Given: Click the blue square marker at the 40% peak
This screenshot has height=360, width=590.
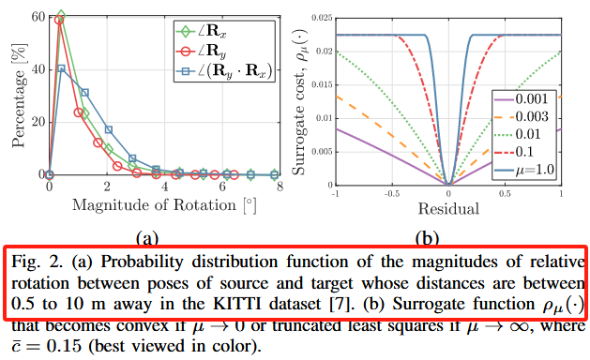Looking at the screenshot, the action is [x=61, y=68].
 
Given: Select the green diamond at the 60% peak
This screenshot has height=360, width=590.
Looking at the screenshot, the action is [x=61, y=16].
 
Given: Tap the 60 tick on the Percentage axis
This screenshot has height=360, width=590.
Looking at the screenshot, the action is [x=38, y=17].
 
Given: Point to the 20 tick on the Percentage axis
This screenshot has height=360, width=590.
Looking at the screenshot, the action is [x=38, y=122].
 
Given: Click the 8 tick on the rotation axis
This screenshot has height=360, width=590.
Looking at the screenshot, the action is [x=280, y=187].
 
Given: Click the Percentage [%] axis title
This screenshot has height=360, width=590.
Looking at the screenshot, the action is [x=19, y=96].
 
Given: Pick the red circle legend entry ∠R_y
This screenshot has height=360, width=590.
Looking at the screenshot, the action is [x=202, y=52].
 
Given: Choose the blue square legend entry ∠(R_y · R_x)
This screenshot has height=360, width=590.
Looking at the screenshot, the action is [x=224, y=70].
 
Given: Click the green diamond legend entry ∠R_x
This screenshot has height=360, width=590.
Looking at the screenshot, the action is [x=202, y=32].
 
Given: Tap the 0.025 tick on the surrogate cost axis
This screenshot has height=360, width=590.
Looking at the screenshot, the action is [x=323, y=18].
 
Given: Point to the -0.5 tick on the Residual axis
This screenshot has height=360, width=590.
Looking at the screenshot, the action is [x=392, y=193].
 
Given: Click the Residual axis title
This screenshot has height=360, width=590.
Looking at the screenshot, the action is [x=448, y=208].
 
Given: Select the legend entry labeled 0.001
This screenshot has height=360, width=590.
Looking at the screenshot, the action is [x=523, y=99].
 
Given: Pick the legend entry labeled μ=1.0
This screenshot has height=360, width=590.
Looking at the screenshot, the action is [x=523, y=170].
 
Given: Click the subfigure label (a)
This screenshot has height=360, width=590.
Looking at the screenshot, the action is [x=147, y=238].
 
